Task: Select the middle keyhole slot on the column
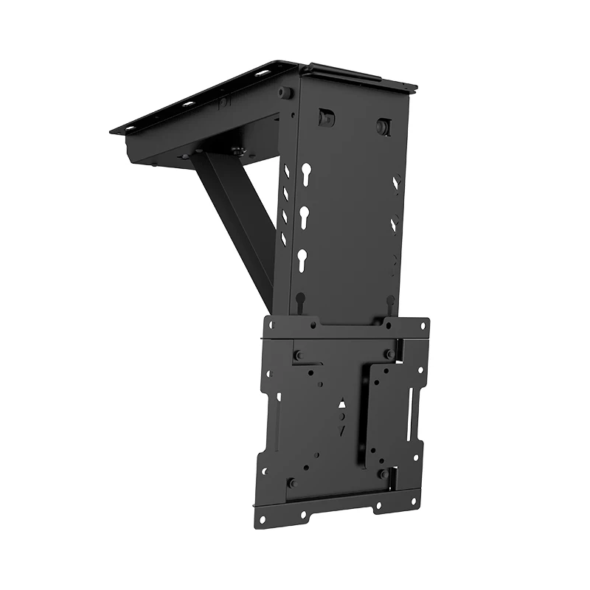303,218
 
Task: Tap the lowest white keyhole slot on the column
302,259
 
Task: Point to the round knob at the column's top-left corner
283,93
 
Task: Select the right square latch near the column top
383,125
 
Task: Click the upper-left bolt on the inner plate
298,355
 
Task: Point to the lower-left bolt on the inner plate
291,483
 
